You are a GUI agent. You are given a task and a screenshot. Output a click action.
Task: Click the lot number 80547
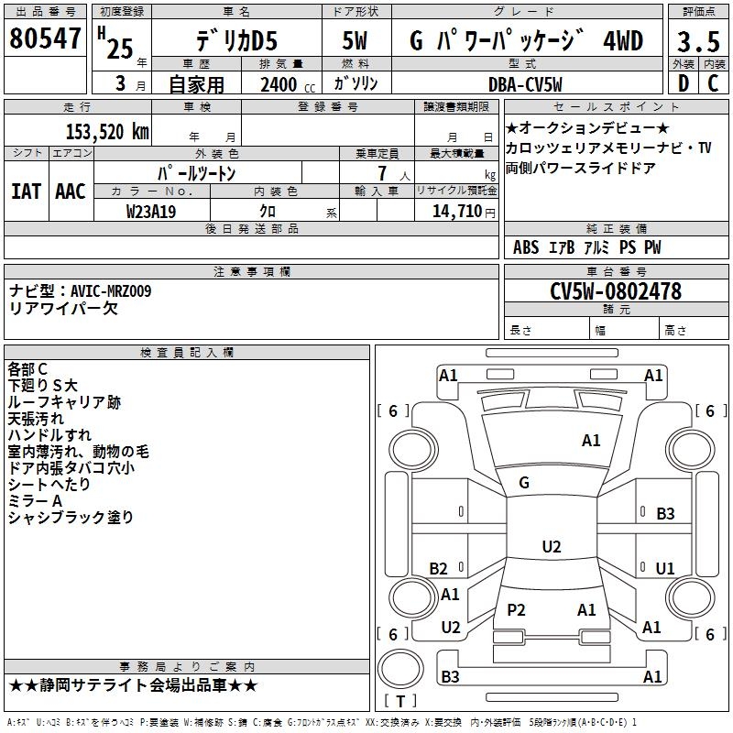click(45, 38)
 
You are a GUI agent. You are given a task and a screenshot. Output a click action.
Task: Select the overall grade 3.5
click(698, 41)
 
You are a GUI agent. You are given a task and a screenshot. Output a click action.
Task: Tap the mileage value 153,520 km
click(107, 132)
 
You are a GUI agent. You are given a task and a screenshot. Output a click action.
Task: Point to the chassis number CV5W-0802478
click(616, 291)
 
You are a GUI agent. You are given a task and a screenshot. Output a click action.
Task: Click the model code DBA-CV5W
click(525, 84)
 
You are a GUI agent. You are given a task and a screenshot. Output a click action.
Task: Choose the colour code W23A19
click(151, 212)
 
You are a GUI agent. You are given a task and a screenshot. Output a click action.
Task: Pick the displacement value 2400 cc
click(288, 84)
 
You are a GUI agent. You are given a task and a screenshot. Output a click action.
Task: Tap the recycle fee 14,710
click(456, 212)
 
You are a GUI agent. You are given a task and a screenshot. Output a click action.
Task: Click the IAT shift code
click(26, 191)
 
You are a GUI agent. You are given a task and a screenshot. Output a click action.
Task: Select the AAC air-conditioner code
click(71, 191)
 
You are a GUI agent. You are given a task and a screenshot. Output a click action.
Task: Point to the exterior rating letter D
click(684, 83)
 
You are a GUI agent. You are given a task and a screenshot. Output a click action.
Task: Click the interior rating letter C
click(713, 83)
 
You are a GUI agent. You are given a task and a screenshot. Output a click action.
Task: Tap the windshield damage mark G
click(524, 483)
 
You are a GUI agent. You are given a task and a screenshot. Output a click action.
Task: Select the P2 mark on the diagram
click(516, 609)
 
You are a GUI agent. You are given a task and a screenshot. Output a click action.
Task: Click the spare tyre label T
click(400, 701)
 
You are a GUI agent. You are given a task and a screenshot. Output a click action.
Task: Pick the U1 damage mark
click(665, 568)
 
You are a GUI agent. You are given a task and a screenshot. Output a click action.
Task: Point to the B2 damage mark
click(438, 568)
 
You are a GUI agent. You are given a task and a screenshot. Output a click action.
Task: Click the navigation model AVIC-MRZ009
click(111, 291)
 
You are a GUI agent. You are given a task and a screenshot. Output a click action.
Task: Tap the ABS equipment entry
click(526, 247)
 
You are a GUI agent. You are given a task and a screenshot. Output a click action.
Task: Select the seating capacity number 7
click(382, 173)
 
